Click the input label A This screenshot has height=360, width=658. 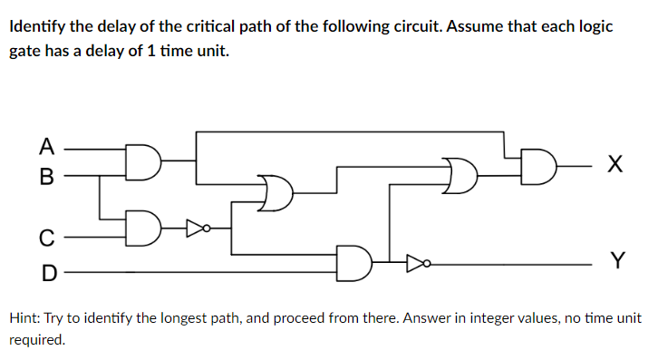[45, 145]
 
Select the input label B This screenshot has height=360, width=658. [45, 174]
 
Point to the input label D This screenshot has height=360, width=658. [45, 271]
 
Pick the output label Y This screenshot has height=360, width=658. [616, 261]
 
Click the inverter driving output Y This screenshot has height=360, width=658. [415, 263]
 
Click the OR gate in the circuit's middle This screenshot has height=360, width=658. [276, 191]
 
